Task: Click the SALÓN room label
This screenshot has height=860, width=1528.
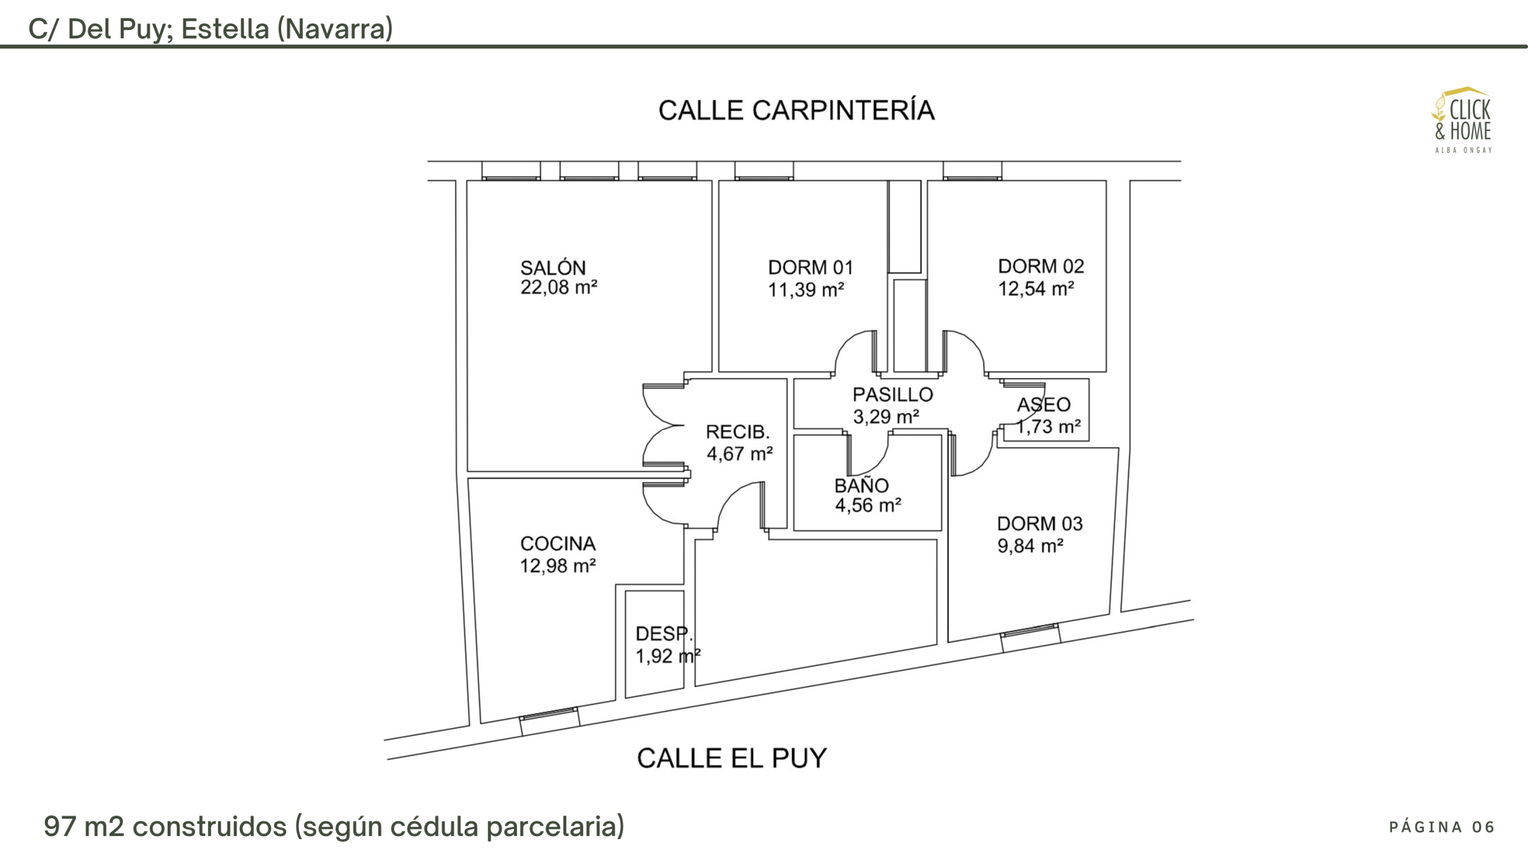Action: (x=553, y=268)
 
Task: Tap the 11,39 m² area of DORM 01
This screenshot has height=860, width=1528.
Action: (x=806, y=290)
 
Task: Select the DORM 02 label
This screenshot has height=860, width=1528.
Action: (x=1040, y=266)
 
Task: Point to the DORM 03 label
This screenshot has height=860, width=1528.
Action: (x=1039, y=524)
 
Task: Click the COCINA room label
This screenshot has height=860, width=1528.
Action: (x=557, y=543)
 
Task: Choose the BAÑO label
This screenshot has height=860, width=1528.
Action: (x=861, y=486)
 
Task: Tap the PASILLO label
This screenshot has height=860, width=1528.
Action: (x=892, y=395)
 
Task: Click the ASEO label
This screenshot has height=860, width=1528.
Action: (x=1043, y=405)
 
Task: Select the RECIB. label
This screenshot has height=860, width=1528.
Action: (x=737, y=432)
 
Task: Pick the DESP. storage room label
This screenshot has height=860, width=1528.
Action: (x=663, y=634)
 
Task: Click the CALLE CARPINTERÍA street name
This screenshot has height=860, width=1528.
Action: (x=796, y=110)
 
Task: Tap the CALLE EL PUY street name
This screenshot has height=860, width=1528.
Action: (x=732, y=758)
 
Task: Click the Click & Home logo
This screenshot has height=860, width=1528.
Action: (x=1462, y=119)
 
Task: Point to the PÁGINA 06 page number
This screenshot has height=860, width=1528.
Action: (x=1441, y=827)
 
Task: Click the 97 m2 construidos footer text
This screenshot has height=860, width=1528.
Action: (x=334, y=827)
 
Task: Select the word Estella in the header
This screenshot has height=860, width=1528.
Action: (x=225, y=29)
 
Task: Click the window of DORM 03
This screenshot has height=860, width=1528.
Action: (x=1030, y=635)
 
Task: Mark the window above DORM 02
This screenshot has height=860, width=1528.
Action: (x=972, y=171)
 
